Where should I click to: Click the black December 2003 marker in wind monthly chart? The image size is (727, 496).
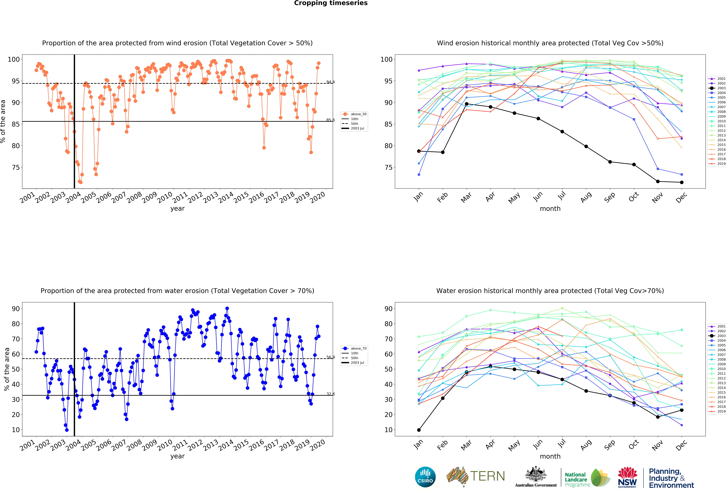[682, 182]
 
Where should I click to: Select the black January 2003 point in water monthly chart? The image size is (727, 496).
[419, 430]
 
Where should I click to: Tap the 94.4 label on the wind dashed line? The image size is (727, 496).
[330, 82]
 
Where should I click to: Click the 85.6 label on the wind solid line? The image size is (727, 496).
[330, 120]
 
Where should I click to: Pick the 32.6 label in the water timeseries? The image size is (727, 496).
[330, 394]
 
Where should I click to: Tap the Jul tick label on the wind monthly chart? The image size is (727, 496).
[562, 196]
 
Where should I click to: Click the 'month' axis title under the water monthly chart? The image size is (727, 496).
[550, 456]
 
